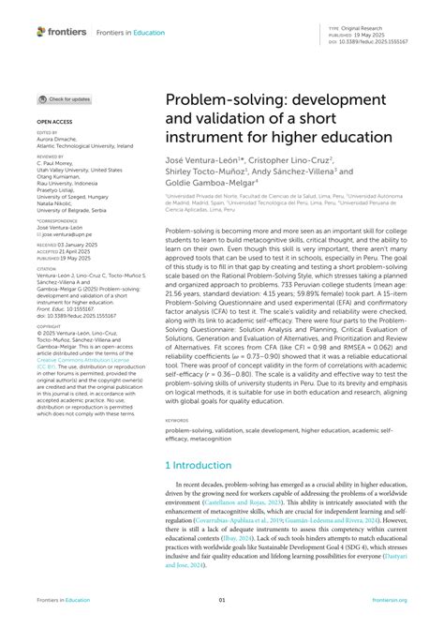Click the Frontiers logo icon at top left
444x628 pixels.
click(x=41, y=31)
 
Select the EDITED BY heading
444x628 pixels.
click(x=48, y=133)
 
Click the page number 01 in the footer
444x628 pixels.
click(x=222, y=600)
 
